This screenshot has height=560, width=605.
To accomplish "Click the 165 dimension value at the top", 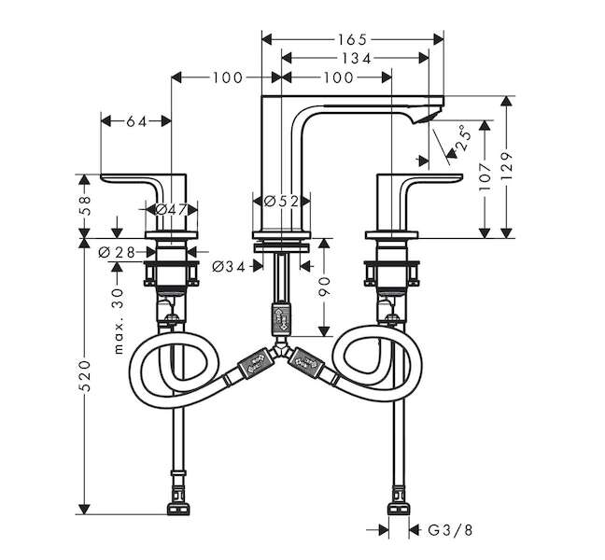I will [x=352, y=39].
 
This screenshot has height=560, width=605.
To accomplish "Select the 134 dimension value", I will [x=355, y=58].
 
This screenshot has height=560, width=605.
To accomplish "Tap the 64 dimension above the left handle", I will [x=136, y=120].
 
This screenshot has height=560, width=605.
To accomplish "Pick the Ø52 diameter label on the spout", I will [x=280, y=201].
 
